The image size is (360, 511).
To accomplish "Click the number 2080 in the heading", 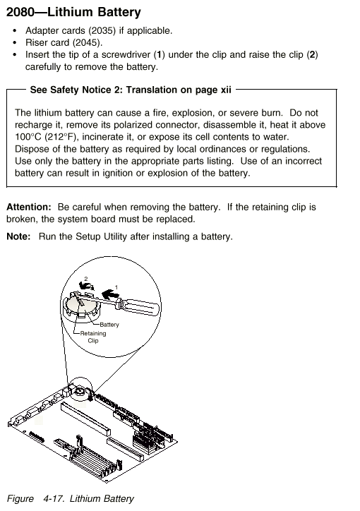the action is [x=20, y=12].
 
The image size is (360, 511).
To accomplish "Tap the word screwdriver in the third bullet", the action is [x=126, y=54].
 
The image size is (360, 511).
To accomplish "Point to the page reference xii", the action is [x=225, y=90].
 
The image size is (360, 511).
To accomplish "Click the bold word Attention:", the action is [x=29, y=207].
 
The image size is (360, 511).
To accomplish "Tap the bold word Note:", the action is [x=18, y=236].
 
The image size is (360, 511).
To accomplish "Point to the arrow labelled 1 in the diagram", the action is [x=109, y=294].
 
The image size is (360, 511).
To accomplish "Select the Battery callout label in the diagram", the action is [x=109, y=325].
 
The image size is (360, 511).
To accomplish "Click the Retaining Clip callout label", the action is [x=93, y=337].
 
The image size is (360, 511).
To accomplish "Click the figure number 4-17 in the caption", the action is [x=52, y=498].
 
